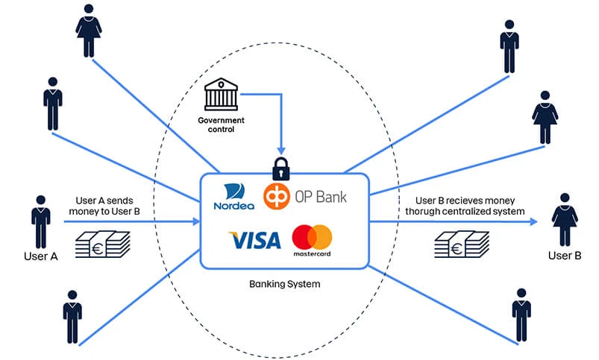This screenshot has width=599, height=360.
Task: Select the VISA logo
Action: click(254, 240)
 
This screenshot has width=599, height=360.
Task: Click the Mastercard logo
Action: click(312, 240)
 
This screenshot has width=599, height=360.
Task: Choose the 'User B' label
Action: click(564, 256)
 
